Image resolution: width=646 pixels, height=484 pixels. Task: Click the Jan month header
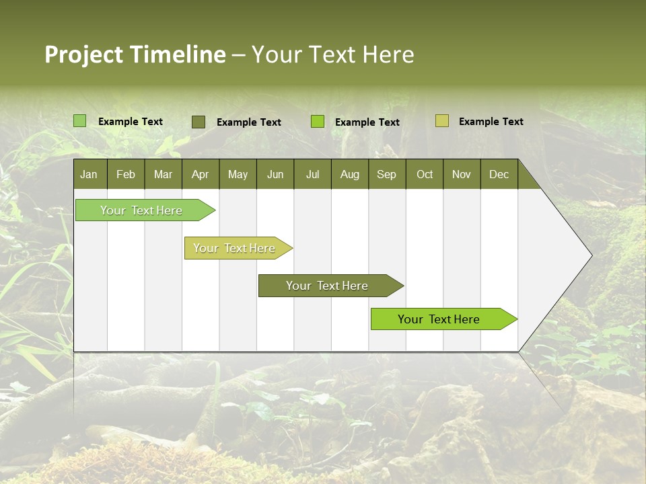click(x=89, y=174)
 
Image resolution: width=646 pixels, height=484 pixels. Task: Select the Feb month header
click(x=126, y=174)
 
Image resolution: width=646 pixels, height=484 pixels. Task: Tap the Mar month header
click(x=163, y=174)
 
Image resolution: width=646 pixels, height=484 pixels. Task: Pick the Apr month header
click(x=200, y=174)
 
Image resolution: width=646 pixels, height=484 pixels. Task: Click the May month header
click(x=238, y=174)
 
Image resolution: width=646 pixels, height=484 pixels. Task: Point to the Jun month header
click(x=275, y=174)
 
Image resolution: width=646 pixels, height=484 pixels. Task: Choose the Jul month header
click(x=312, y=174)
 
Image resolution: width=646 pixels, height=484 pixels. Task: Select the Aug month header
click(x=349, y=174)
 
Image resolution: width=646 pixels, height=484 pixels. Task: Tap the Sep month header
click(x=386, y=174)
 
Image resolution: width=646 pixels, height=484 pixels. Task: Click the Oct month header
click(x=424, y=174)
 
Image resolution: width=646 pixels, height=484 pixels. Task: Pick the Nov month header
click(x=461, y=174)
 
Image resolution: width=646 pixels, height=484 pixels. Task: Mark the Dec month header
click(x=499, y=174)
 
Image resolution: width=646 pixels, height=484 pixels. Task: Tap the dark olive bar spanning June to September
click(x=328, y=286)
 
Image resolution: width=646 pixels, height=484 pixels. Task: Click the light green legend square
click(x=80, y=121)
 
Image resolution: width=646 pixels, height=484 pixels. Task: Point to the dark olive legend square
click(x=199, y=122)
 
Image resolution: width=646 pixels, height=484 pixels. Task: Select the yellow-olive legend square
click(x=442, y=121)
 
